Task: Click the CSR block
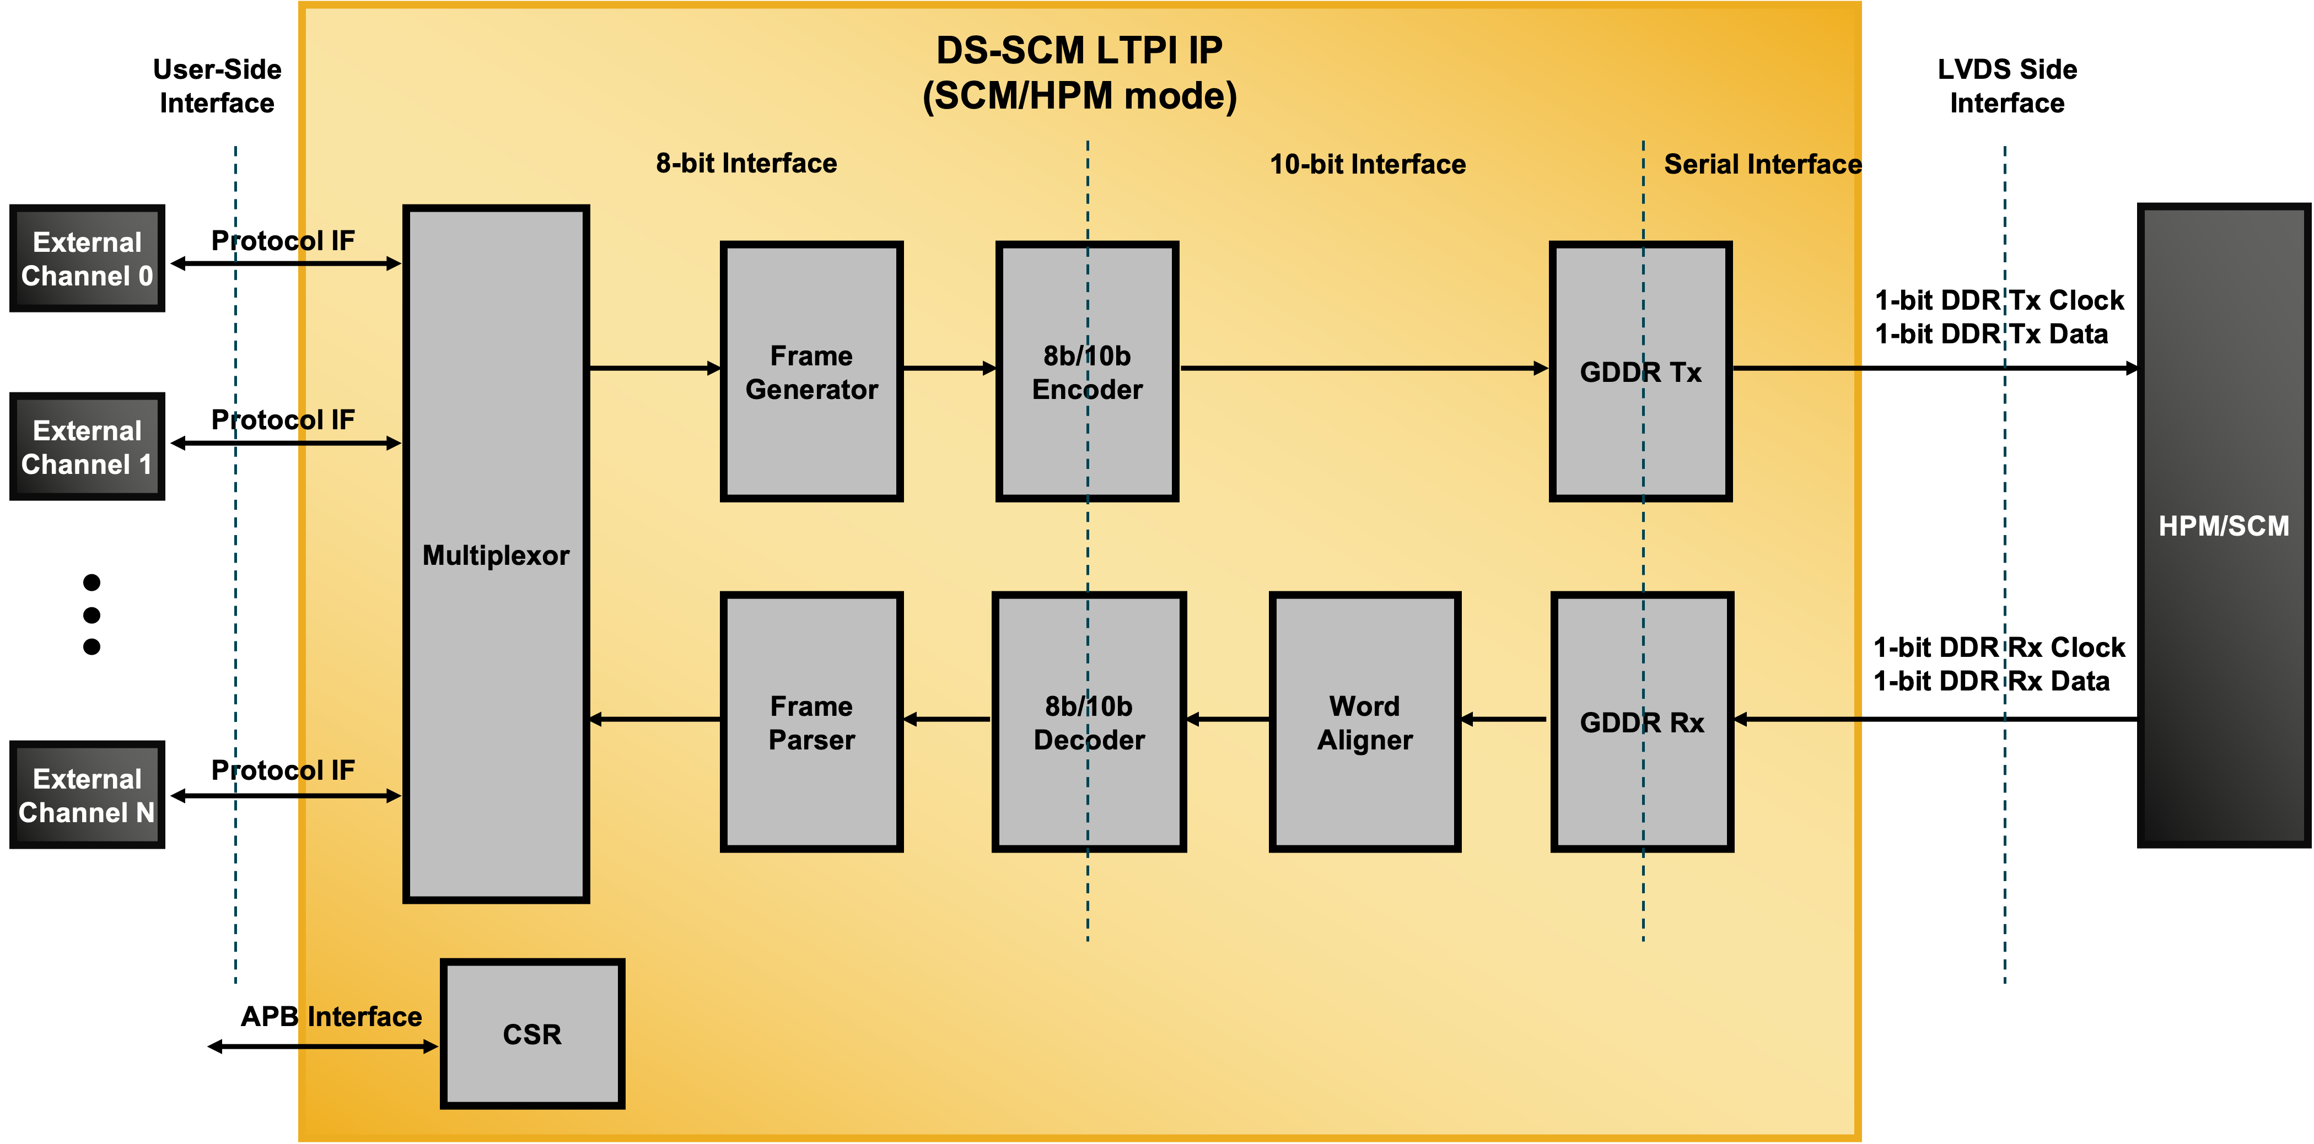(532, 1034)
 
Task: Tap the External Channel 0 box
(87, 258)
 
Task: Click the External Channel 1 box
(87, 446)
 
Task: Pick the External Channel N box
(87, 795)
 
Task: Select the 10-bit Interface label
(1367, 164)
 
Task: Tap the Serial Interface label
(1762, 164)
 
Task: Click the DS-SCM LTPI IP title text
(1079, 50)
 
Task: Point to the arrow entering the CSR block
(368, 1046)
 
